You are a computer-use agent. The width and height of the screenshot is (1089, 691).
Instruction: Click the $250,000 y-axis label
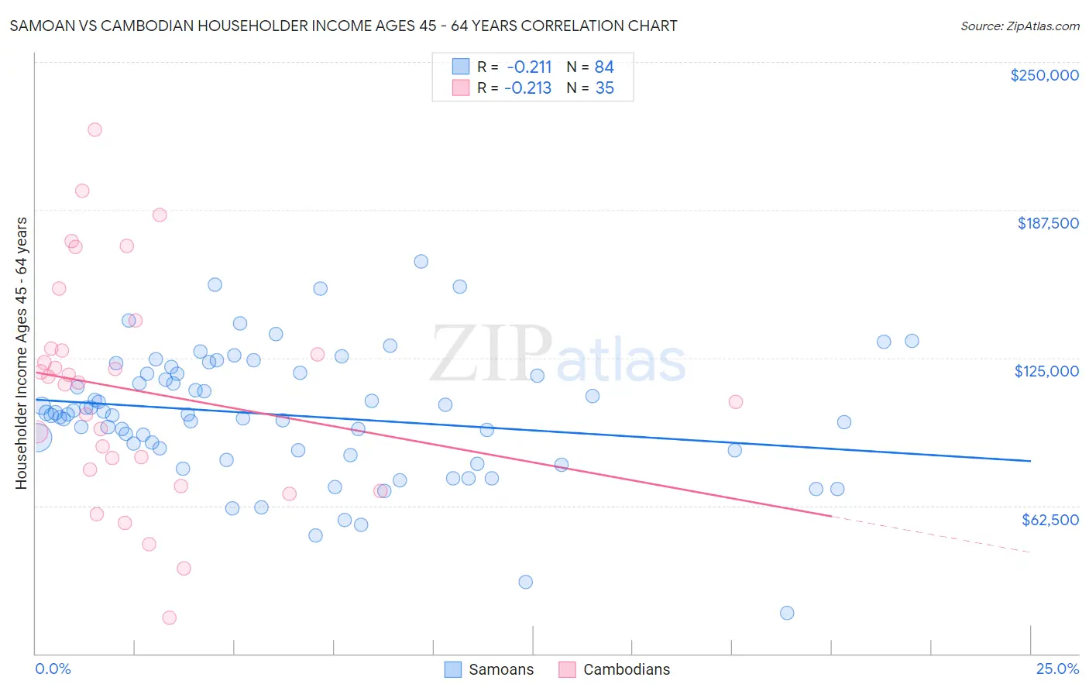coord(1044,75)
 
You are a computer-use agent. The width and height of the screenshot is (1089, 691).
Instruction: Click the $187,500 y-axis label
coord(1047,223)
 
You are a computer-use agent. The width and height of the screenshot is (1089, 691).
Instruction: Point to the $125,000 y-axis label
coord(1046,371)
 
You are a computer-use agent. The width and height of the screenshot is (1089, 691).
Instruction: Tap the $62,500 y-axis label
coord(1049,520)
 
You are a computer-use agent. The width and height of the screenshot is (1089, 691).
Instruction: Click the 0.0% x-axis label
coord(53,669)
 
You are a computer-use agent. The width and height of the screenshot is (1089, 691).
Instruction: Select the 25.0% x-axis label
coord(1057,669)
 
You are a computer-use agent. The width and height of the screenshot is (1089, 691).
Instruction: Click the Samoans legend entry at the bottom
coord(500,669)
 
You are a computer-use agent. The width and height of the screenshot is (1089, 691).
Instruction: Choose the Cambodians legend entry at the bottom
coord(626,669)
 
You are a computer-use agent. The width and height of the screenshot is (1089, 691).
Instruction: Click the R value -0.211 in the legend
coord(529,67)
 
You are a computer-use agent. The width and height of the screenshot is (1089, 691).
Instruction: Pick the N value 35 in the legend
coord(604,88)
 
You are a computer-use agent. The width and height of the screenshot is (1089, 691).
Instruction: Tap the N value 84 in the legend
coord(604,67)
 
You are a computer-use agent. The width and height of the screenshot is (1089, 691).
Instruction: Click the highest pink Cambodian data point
coord(94,129)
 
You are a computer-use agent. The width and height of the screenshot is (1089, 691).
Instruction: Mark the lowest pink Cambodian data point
coord(170,617)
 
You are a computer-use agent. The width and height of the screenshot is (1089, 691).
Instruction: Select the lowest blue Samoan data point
coord(787,613)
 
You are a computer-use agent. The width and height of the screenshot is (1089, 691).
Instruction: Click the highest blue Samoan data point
coord(421,261)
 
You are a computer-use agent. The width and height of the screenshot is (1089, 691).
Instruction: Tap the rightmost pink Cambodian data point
coord(736,401)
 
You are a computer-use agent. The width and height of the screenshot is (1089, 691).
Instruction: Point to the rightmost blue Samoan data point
coord(912,341)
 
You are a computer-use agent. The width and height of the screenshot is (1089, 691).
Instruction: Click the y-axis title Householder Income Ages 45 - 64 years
coord(22,353)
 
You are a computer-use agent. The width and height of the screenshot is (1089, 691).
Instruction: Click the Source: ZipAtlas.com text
coord(1019,26)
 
